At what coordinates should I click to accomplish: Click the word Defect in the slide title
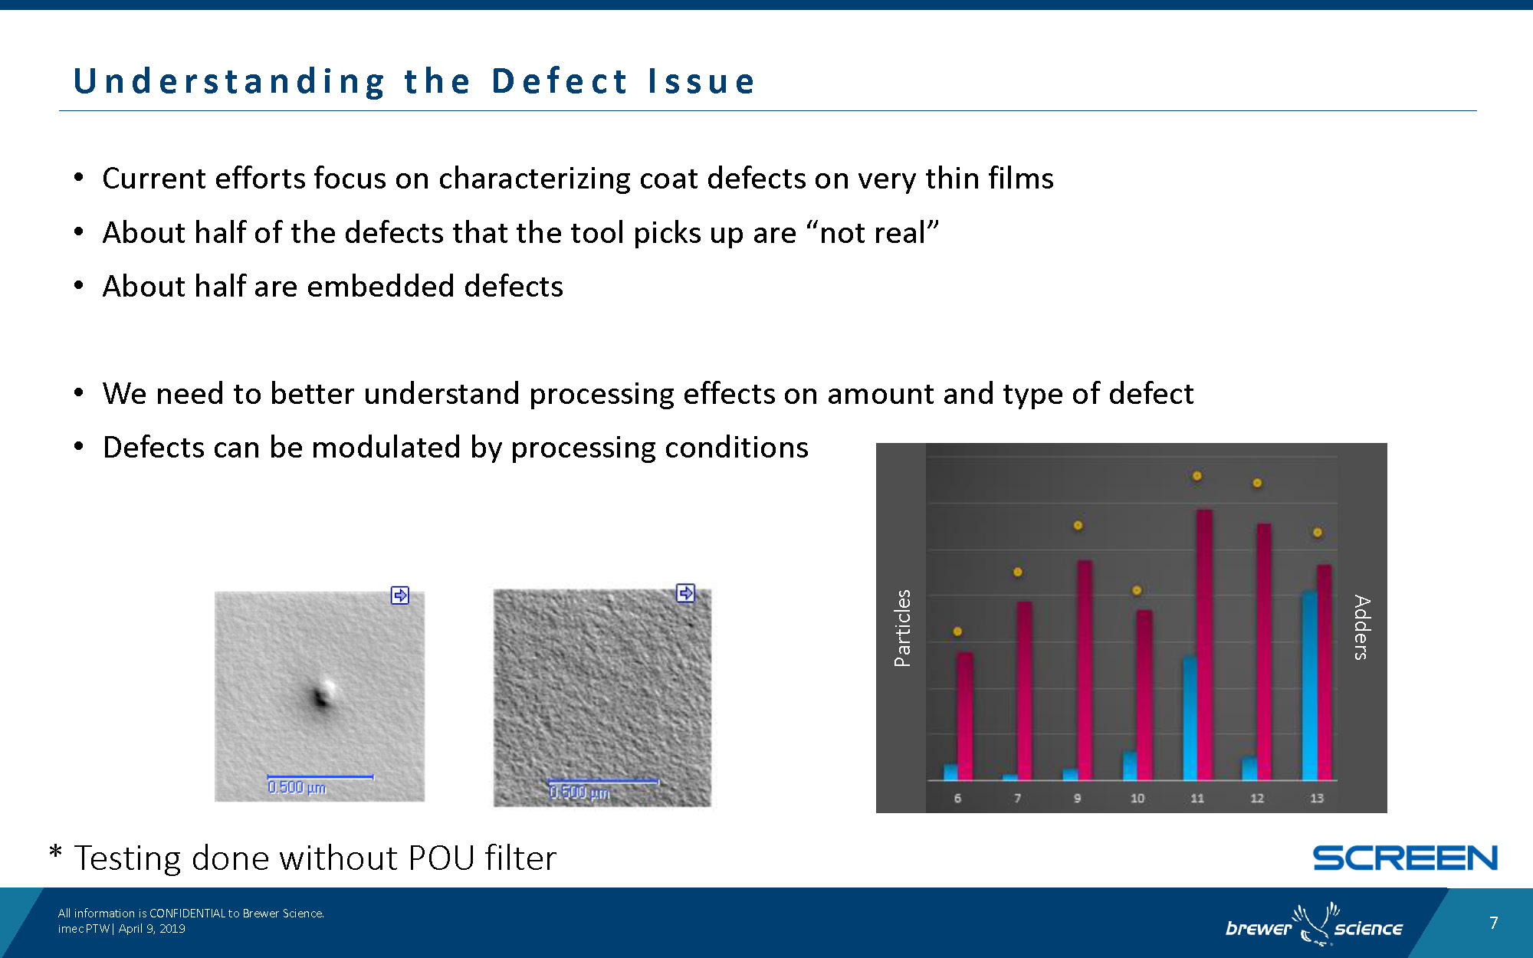pyautogui.click(x=560, y=81)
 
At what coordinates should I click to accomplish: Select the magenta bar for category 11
pyautogui.click(x=1204, y=644)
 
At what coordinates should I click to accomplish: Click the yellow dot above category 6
pyautogui.click(x=957, y=632)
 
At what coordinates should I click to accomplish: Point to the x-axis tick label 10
pyautogui.click(x=1137, y=799)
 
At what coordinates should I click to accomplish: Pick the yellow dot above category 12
pyautogui.click(x=1257, y=483)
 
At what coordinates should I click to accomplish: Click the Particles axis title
pyautogui.click(x=903, y=628)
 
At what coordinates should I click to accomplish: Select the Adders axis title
pyautogui.click(x=1361, y=628)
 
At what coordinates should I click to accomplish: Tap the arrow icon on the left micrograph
pyautogui.click(x=400, y=595)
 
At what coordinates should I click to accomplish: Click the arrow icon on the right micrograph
pyautogui.click(x=685, y=593)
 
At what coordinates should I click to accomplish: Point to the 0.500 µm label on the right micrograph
pyautogui.click(x=579, y=792)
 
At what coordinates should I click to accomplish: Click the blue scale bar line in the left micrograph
pyautogui.click(x=320, y=777)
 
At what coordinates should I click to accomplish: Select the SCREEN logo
pyautogui.click(x=1405, y=858)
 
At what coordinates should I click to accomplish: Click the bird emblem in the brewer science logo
pyautogui.click(x=1314, y=924)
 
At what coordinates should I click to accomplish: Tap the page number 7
pyautogui.click(x=1493, y=923)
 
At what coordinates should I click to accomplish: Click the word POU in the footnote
pyautogui.click(x=442, y=858)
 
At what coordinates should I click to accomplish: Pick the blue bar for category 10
pyautogui.click(x=1130, y=765)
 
